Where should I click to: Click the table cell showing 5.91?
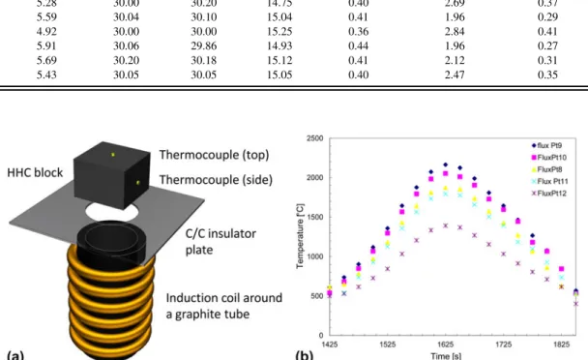pyautogui.click(x=46, y=45)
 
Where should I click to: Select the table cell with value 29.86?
pyautogui.click(x=204, y=45)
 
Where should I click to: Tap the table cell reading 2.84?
pyautogui.click(x=455, y=32)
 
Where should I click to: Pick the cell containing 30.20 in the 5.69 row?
pyautogui.click(x=127, y=60)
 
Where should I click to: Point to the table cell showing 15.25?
pyautogui.click(x=279, y=32)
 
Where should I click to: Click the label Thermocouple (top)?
pyautogui.click(x=214, y=155)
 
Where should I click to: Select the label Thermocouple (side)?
pyautogui.click(x=216, y=180)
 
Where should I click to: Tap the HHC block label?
pyautogui.click(x=35, y=172)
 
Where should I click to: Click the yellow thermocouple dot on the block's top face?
pyautogui.click(x=112, y=154)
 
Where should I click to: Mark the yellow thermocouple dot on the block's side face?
pyautogui.click(x=138, y=183)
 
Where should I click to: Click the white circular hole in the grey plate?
pyautogui.click(x=112, y=210)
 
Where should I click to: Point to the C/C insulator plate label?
pyautogui.click(x=220, y=242)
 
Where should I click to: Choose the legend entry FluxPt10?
pyautogui.click(x=549, y=158)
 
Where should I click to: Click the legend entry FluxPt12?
pyautogui.click(x=549, y=194)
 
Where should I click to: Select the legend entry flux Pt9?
pyautogui.click(x=546, y=145)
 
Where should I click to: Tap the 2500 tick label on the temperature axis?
pyautogui.click(x=315, y=138)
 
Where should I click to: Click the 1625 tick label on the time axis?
pyautogui.click(x=446, y=345)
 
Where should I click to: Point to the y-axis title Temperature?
pyautogui.click(x=300, y=236)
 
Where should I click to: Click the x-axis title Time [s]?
pyautogui.click(x=446, y=355)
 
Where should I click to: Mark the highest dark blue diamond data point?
pyautogui.click(x=446, y=165)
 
